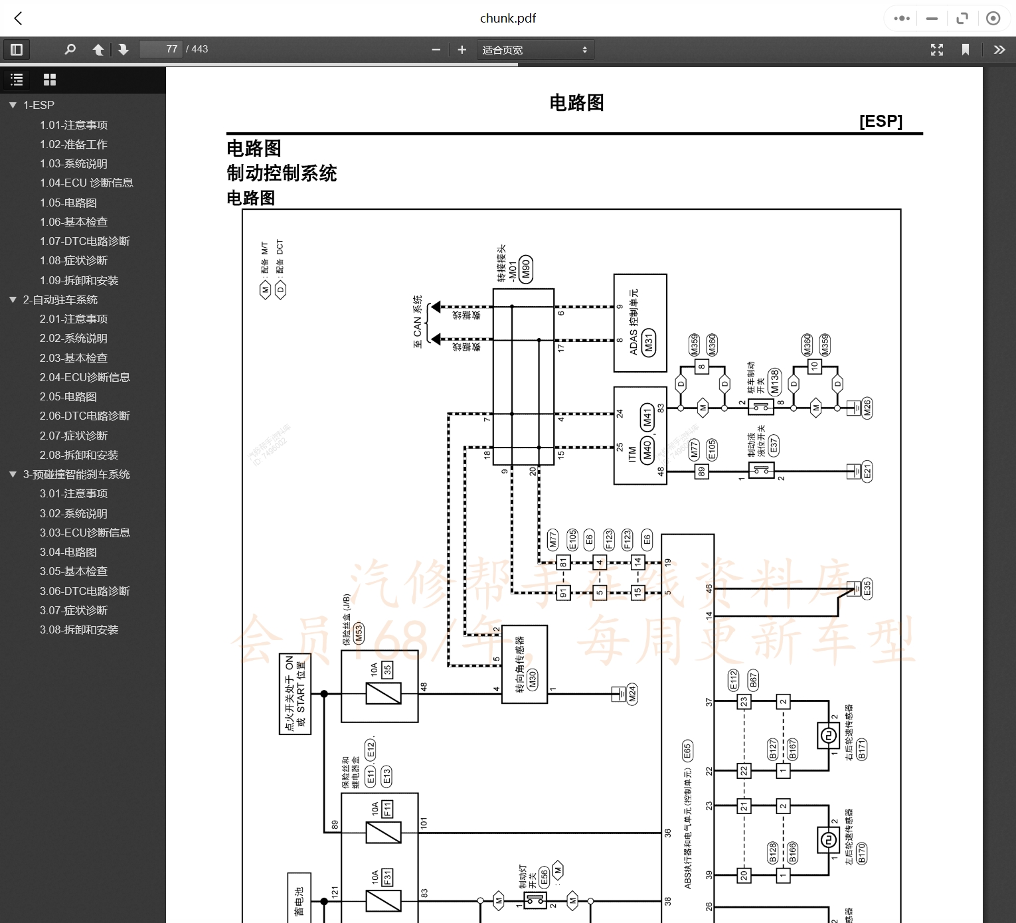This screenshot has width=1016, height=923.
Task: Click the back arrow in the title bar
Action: click(x=19, y=19)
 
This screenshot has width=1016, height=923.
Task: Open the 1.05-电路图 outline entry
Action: click(x=68, y=203)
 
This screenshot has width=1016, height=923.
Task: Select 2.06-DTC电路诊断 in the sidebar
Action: click(x=84, y=416)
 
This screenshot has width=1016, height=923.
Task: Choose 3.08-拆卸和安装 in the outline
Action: click(x=78, y=629)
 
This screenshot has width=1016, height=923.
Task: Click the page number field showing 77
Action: click(x=161, y=49)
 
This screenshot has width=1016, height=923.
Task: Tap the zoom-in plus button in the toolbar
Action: click(x=462, y=49)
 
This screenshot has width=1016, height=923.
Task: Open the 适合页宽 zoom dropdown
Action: click(x=535, y=50)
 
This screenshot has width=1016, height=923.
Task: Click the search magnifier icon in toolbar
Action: click(x=70, y=49)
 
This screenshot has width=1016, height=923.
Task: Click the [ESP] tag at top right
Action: click(x=881, y=121)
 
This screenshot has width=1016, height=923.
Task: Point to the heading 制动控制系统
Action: click(x=282, y=173)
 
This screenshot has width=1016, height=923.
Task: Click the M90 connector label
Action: click(x=526, y=269)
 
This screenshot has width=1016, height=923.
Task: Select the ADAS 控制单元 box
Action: click(x=639, y=323)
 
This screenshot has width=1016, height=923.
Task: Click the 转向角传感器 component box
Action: click(x=524, y=664)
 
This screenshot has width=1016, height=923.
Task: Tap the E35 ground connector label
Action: click(x=867, y=588)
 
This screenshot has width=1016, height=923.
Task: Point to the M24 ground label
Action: click(x=632, y=694)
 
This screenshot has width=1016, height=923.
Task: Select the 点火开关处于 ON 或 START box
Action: click(x=295, y=694)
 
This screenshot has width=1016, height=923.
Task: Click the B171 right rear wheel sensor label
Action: click(x=861, y=748)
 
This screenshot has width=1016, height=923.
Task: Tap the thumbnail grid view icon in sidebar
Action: click(x=50, y=80)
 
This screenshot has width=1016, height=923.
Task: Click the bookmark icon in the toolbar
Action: click(x=966, y=50)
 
